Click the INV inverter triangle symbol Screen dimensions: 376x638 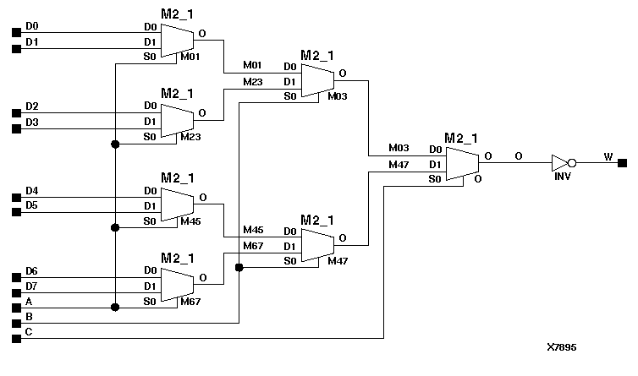(x=561, y=162)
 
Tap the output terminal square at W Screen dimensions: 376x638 (x=622, y=162)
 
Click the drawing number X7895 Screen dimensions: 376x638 (x=562, y=347)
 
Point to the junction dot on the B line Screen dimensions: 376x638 (x=239, y=268)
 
